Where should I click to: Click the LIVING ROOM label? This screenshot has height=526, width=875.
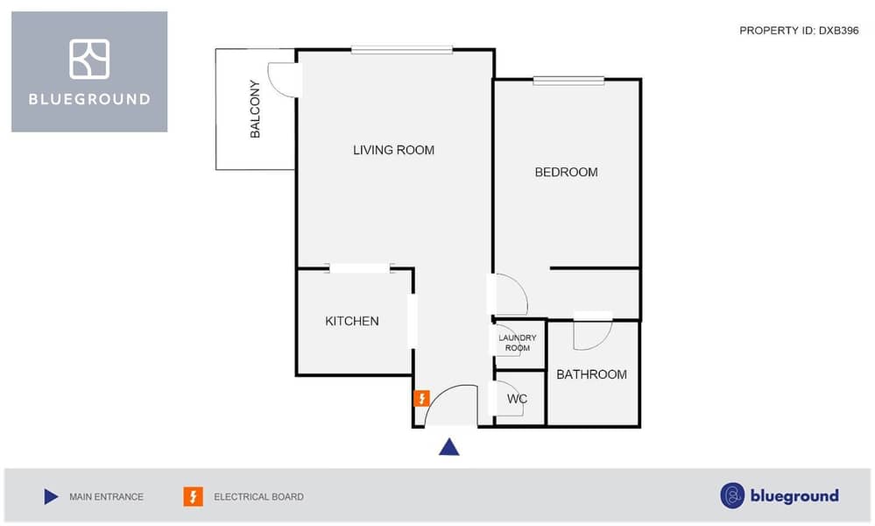pyautogui.click(x=393, y=150)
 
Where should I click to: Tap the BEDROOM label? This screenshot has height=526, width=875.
pyautogui.click(x=566, y=172)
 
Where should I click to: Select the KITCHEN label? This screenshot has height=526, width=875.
pyautogui.click(x=351, y=321)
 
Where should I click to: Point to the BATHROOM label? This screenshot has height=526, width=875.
pyautogui.click(x=591, y=374)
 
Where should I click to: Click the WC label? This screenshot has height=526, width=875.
pyautogui.click(x=517, y=399)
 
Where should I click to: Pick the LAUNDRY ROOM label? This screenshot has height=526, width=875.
pyautogui.click(x=518, y=343)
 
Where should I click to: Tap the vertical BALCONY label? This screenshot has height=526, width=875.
pyautogui.click(x=255, y=109)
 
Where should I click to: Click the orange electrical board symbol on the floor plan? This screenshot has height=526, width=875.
pyautogui.click(x=421, y=398)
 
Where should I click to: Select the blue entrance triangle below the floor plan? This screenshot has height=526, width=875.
pyautogui.click(x=449, y=447)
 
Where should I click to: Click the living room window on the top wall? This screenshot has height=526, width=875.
pyautogui.click(x=402, y=50)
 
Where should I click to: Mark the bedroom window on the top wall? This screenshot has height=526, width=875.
pyautogui.click(x=568, y=81)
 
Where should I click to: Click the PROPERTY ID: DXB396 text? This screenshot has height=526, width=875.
pyautogui.click(x=799, y=31)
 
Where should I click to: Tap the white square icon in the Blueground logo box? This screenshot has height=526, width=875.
pyautogui.click(x=89, y=59)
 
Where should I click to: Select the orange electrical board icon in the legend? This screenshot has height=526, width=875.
pyautogui.click(x=193, y=496)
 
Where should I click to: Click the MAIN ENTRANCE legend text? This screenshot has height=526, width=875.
pyautogui.click(x=106, y=496)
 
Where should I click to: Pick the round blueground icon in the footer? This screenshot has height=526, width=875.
pyautogui.click(x=732, y=496)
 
